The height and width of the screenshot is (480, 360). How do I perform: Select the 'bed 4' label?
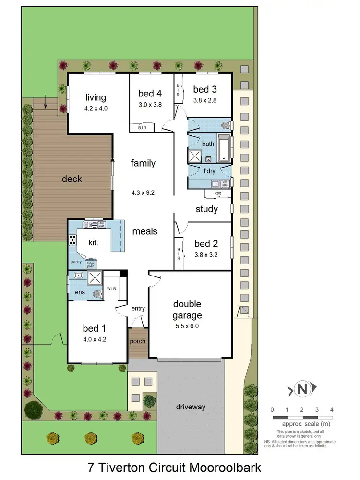point(150,93)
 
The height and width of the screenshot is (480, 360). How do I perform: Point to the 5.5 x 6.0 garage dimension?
point(187,326)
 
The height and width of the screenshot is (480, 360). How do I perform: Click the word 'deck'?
point(72,179)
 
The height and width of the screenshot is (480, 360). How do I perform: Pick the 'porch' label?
point(137,341)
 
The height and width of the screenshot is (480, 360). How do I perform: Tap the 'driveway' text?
point(190,407)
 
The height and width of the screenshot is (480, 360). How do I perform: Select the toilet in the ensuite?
point(97,294)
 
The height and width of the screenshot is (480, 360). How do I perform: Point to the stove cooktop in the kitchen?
point(72,240)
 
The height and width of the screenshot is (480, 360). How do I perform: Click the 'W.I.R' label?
point(112,288)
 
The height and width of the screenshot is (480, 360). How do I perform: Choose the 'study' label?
point(207,209)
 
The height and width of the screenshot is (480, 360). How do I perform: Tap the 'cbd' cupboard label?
point(218,193)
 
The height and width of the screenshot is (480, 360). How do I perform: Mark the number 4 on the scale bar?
point(332,409)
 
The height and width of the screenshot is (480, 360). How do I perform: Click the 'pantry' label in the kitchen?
point(76,262)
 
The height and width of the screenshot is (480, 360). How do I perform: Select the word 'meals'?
point(144,231)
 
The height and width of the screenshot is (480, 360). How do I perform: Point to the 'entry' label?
point(138,308)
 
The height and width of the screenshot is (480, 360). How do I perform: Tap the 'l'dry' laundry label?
point(209,171)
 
